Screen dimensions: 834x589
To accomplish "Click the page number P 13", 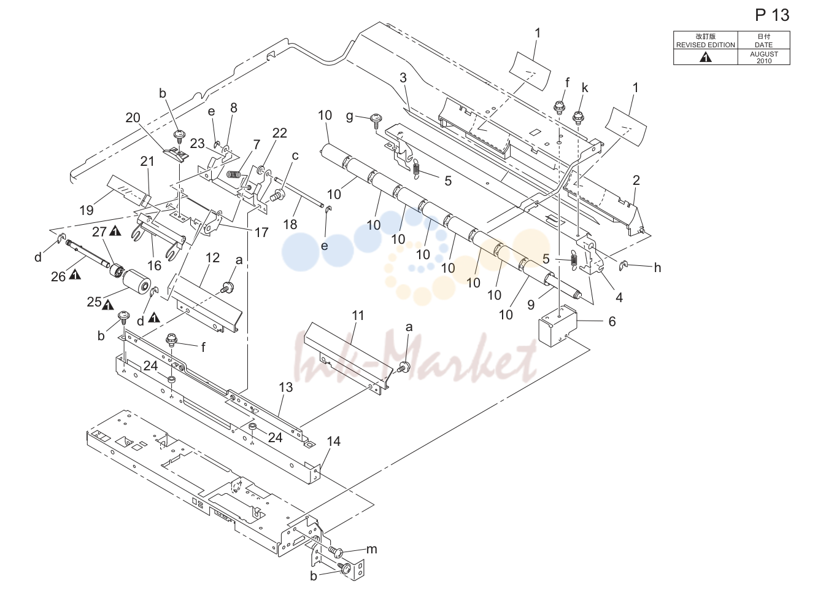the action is (772, 15).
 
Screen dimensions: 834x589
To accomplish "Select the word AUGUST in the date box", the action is (764, 54).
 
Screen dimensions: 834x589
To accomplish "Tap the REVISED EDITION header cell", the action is (706, 41).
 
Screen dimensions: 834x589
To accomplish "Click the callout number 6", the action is (612, 321).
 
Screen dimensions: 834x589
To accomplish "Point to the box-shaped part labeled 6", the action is (557, 326).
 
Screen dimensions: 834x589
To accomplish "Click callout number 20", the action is (133, 118).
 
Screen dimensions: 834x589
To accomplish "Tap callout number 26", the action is (58, 277).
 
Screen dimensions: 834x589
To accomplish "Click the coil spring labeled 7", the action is (233, 174).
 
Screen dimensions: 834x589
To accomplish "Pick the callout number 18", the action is (290, 225).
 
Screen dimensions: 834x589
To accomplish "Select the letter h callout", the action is (657, 268).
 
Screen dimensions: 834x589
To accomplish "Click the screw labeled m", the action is (335, 552).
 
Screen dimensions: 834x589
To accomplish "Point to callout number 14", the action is (333, 442).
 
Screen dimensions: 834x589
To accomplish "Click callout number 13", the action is (285, 388).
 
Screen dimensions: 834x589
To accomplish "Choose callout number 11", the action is (357, 316).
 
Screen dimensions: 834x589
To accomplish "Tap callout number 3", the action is (403, 78).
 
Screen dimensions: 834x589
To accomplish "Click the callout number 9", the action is (531, 305).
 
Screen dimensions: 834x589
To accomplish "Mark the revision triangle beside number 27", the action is (115, 232).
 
